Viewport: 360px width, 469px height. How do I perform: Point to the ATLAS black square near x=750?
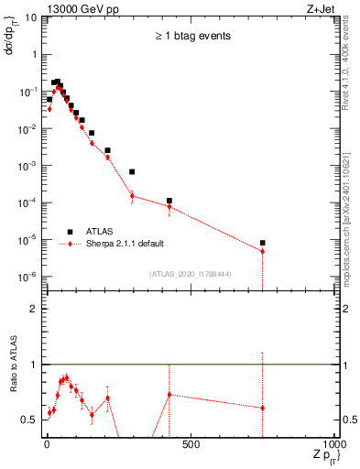[263, 243]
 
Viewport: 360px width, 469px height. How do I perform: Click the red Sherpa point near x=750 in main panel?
[263, 251]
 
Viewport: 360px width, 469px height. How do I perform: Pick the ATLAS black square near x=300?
[132, 171]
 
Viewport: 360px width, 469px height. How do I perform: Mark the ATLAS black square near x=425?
[169, 201]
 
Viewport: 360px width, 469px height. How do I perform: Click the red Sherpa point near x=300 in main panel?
[132, 195]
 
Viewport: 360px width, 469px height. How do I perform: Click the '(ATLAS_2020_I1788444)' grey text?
[190, 273]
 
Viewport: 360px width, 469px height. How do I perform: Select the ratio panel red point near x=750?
[263, 408]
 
